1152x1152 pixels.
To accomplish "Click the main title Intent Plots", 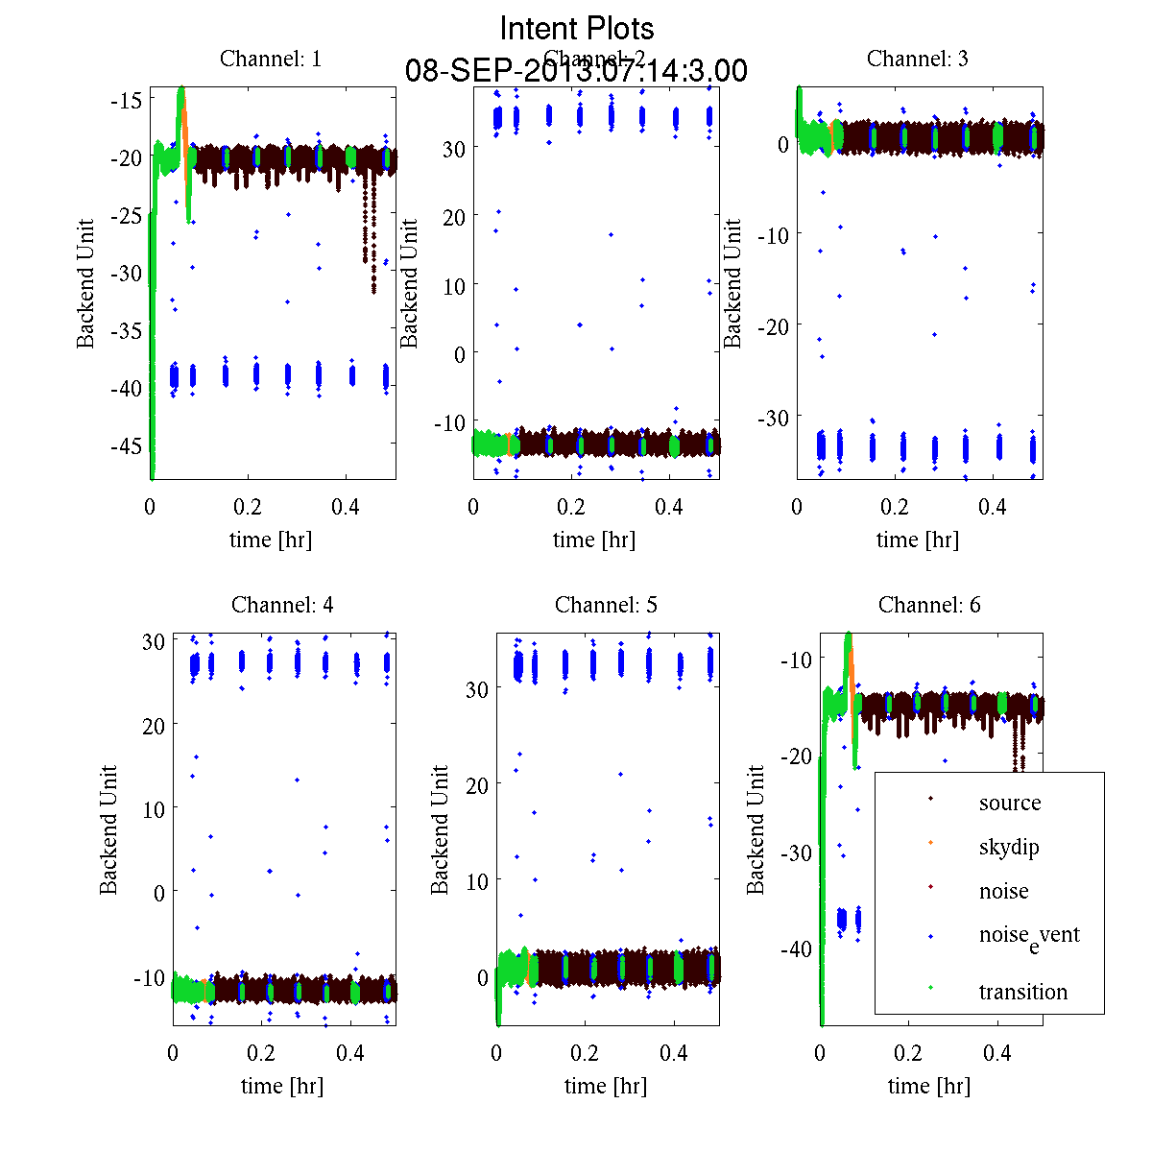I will [577, 28].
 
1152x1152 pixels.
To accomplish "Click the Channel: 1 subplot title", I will [271, 59].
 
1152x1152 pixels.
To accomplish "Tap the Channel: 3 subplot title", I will [917, 59].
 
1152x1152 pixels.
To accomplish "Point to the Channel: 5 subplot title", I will [606, 605].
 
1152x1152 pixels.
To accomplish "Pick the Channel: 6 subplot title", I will [929, 605].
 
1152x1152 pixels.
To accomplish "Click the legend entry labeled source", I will [1009, 803].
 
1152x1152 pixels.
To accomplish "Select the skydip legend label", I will [1008, 847].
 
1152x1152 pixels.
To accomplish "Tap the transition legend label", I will [1022, 992].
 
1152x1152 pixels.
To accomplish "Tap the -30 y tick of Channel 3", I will [774, 418].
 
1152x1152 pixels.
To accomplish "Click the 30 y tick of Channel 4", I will [154, 642].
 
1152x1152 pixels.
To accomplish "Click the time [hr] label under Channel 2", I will [593, 540].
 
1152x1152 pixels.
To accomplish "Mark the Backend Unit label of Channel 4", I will [108, 829].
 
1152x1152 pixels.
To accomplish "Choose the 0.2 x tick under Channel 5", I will [585, 1052].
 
